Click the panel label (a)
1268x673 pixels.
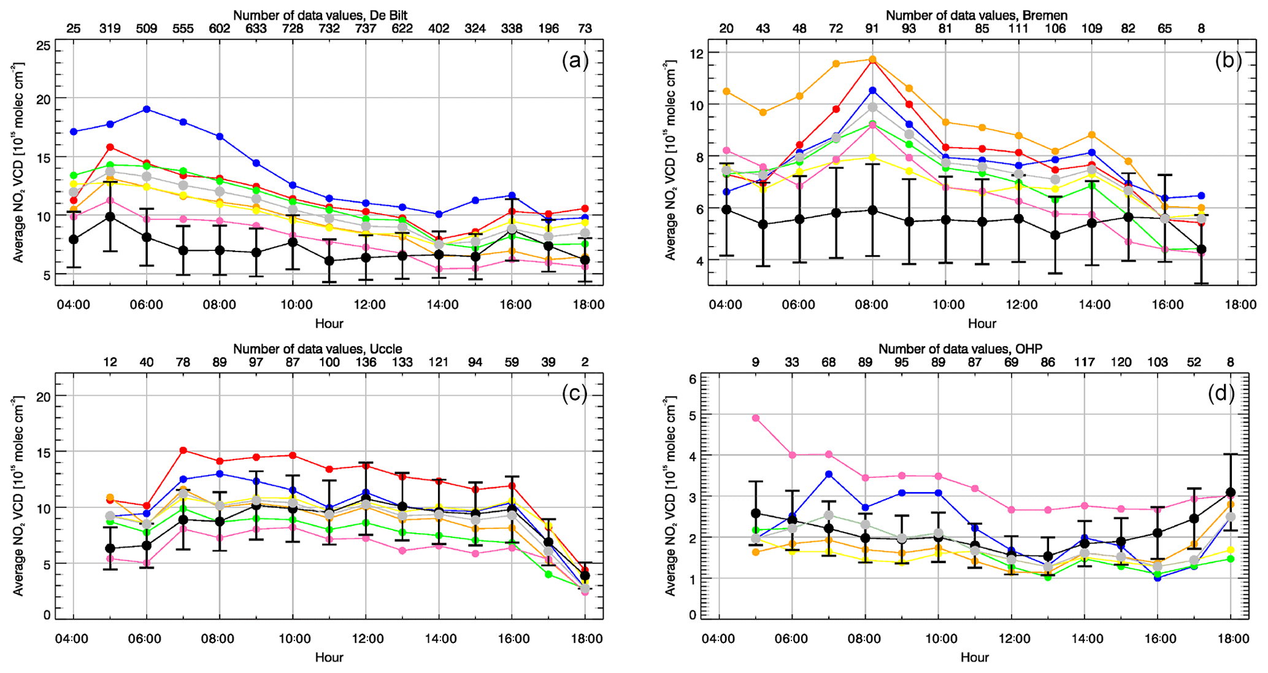(575, 60)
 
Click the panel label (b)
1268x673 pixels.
(1228, 60)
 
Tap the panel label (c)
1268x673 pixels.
(575, 393)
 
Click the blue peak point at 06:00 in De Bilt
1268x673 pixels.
(147, 109)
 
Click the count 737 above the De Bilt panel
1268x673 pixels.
(366, 28)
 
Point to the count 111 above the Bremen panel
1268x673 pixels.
(1019, 28)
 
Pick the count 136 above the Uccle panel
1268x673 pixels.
(366, 363)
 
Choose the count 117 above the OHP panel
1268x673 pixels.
(1085, 363)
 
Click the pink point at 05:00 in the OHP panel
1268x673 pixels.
(756, 418)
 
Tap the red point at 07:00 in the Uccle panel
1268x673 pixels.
(183, 450)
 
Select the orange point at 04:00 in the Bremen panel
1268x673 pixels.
(726, 91)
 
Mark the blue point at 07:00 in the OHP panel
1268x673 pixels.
(829, 474)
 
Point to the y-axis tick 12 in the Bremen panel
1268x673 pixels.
(697, 53)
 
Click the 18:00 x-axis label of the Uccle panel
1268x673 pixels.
(586, 639)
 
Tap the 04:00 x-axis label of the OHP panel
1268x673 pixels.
(718, 639)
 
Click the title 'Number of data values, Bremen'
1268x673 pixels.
(977, 15)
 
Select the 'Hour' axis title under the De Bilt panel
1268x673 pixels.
(329, 323)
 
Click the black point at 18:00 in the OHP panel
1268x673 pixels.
(1231, 493)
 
